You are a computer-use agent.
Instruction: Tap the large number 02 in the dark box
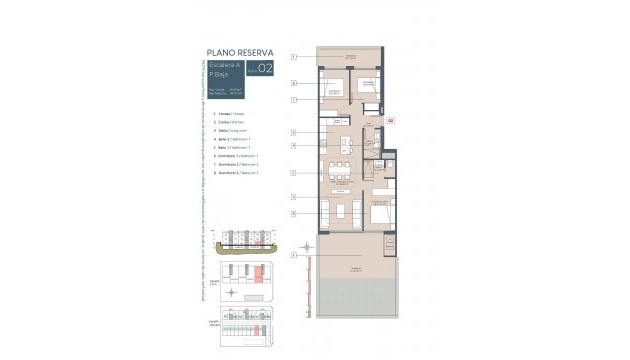pyautogui.click(x=264, y=69)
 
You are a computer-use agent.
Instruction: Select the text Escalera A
pyautogui.click(x=223, y=64)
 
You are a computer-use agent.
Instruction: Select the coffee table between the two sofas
pyautogui.click(x=343, y=211)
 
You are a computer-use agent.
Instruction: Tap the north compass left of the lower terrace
pyautogui.click(x=305, y=249)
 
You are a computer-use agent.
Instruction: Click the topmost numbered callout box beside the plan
pyautogui.click(x=294, y=57)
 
